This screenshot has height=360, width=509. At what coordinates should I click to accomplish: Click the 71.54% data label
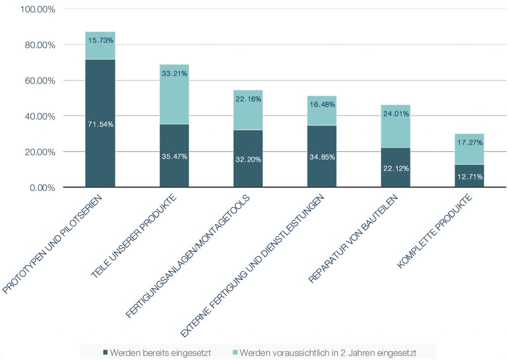(100, 124)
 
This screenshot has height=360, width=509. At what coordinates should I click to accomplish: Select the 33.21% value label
(174, 74)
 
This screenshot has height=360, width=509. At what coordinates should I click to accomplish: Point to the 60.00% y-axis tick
(38, 81)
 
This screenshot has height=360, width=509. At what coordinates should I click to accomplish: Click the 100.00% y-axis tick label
(36, 9)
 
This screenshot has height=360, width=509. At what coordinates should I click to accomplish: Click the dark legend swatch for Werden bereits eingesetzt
(105, 353)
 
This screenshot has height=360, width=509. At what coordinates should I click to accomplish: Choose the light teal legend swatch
(235, 353)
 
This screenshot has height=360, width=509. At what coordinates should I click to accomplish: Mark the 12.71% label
(469, 177)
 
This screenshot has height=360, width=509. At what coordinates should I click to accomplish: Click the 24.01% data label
(396, 113)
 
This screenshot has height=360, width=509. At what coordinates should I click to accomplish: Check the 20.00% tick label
(38, 152)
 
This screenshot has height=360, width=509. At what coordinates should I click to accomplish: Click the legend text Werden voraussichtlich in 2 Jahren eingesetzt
(328, 353)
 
